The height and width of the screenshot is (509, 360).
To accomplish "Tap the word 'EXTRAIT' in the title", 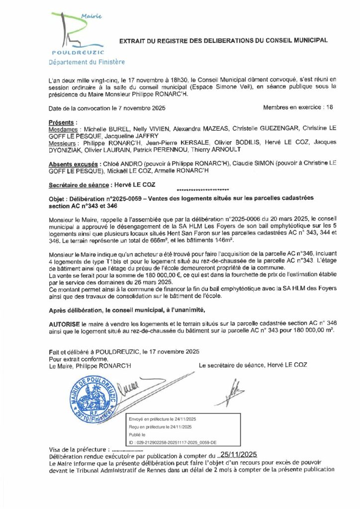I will [133, 40].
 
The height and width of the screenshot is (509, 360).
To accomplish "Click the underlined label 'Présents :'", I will [63, 122].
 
